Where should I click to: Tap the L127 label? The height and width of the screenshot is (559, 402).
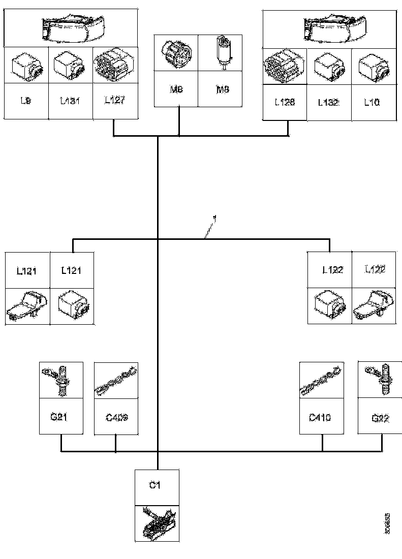(x=114, y=100)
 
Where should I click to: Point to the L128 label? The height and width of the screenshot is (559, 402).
(x=285, y=102)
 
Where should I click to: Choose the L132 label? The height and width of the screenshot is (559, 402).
(x=329, y=102)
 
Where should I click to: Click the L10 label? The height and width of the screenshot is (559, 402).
(x=372, y=102)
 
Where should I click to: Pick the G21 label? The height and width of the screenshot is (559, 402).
(x=60, y=417)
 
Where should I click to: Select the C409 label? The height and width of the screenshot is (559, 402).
(x=116, y=417)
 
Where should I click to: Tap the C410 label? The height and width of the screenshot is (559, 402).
(x=321, y=417)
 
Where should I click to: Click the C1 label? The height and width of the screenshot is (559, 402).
(x=156, y=486)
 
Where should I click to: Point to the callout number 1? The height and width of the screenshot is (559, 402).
(x=215, y=219)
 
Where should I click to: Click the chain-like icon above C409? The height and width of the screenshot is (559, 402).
(x=116, y=380)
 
